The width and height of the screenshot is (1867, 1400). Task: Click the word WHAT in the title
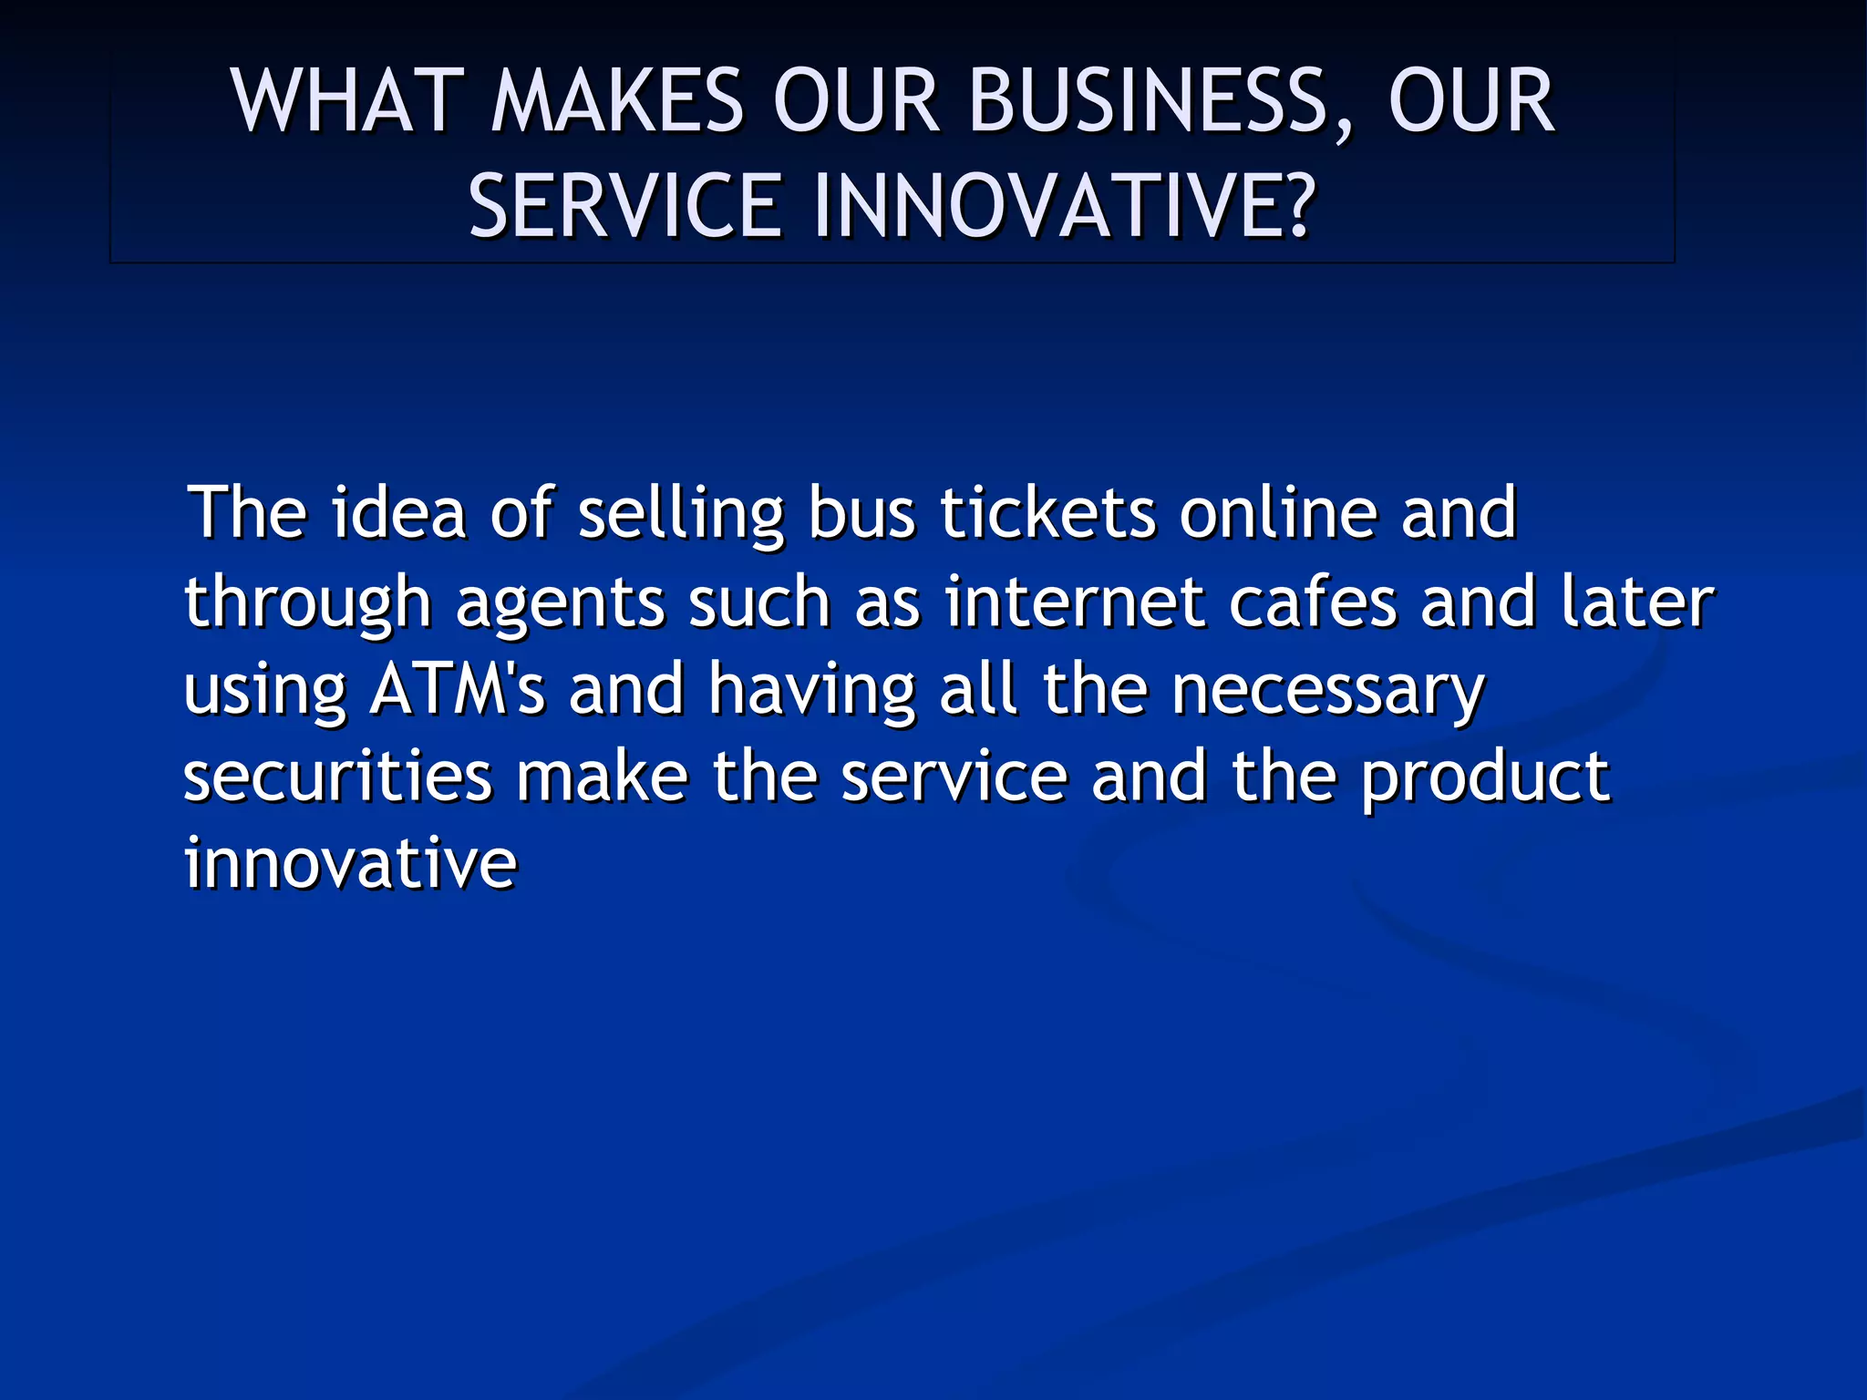point(341,102)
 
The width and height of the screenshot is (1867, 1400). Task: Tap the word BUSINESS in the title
point(1148,102)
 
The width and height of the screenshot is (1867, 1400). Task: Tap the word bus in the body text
point(861,513)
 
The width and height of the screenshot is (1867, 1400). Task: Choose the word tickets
point(1047,513)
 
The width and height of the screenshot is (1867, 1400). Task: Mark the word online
point(1277,513)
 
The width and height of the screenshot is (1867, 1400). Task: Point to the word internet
point(1074,602)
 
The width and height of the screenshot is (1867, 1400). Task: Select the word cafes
point(1313,602)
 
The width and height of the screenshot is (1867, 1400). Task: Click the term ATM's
point(457,690)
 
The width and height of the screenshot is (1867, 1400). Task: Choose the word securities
point(338,777)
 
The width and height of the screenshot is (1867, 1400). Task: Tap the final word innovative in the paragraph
point(351,864)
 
